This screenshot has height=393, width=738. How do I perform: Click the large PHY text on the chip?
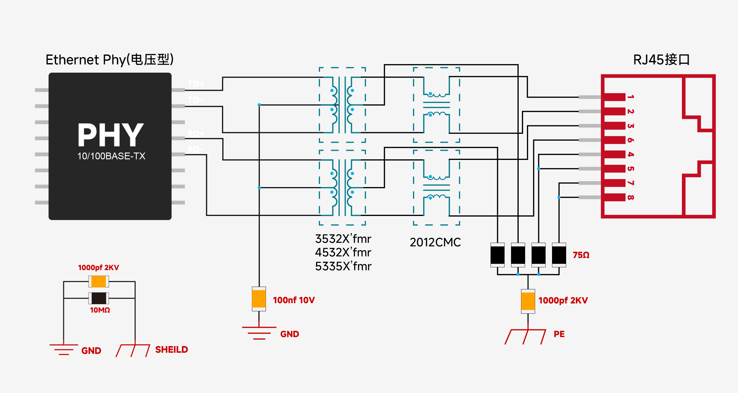point(110,135)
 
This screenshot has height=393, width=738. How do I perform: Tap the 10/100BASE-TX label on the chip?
point(111,156)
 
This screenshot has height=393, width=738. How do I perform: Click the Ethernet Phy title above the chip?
point(109,60)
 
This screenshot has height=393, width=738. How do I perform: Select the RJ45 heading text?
point(661,60)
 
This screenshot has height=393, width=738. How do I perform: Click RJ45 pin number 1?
point(631,97)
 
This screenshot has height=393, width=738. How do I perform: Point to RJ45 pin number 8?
point(631,197)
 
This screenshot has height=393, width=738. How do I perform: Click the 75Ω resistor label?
point(581,255)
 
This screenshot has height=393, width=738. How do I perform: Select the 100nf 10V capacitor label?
point(294,300)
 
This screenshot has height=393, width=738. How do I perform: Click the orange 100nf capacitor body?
point(259,299)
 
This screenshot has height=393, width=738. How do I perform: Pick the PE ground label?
point(559,334)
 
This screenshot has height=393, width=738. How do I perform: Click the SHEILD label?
point(172,350)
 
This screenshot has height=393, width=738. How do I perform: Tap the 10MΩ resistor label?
point(100,310)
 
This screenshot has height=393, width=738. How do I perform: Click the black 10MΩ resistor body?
point(99,298)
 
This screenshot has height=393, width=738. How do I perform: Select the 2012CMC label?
point(435,243)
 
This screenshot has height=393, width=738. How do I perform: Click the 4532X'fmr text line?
point(343,253)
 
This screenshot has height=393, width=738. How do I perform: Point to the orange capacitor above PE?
point(528,301)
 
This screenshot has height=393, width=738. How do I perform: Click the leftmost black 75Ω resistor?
point(497,255)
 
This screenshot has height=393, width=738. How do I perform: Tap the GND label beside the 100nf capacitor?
point(290,334)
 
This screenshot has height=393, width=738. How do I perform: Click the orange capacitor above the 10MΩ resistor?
point(99,281)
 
